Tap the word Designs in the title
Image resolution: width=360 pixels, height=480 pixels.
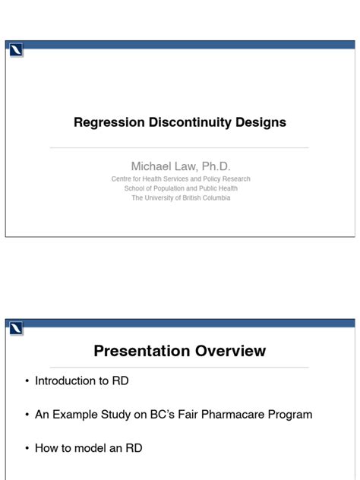tap(261, 122)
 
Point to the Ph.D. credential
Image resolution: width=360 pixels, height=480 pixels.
tap(215, 166)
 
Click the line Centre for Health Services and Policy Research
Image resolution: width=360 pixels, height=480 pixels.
tap(180, 179)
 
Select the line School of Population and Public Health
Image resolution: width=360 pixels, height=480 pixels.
tap(180, 188)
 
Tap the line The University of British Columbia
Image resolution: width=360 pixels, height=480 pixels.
tap(180, 197)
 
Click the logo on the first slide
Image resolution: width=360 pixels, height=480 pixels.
tap(16, 51)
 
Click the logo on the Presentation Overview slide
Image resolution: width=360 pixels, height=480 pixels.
tap(16, 329)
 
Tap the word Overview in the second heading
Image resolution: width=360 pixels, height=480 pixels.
tap(232, 351)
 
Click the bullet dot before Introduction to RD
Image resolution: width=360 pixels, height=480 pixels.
tap(27, 381)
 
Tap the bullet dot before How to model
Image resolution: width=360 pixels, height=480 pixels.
tap(27, 448)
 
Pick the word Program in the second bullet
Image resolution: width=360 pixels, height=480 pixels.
tap(289, 415)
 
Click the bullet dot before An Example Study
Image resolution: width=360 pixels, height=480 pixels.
tap(27, 415)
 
